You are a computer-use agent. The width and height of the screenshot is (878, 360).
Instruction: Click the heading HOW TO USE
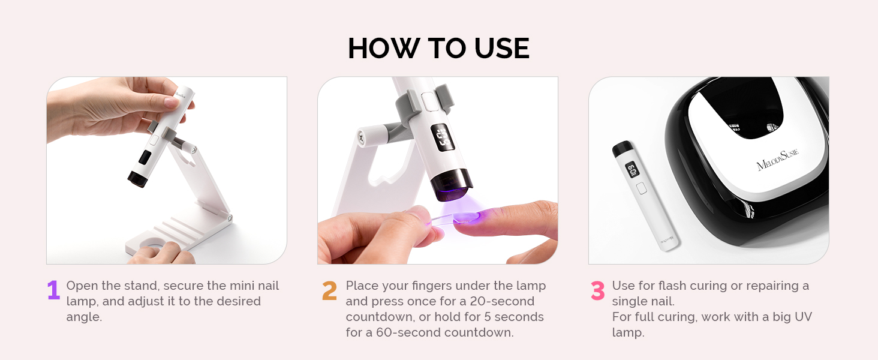438,49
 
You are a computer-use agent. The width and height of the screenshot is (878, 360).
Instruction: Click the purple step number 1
53,290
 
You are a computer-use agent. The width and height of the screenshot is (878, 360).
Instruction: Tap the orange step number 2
329,290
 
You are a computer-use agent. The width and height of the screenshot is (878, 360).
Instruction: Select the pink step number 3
597,290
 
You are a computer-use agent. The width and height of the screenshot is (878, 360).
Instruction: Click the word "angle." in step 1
84,317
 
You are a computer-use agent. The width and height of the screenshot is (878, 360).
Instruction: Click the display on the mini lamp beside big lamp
632,170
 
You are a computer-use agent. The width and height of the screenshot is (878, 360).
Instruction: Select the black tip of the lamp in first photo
137,178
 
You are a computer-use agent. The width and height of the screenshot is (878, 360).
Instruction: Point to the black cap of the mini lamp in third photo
621,148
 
